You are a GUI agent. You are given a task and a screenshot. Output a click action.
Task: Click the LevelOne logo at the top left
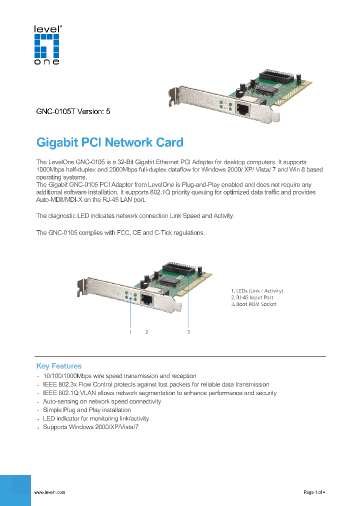coord(46,45)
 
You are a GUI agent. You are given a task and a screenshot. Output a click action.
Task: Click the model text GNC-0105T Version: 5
coord(73,111)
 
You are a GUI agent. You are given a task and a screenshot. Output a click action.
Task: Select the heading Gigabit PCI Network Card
coord(110,142)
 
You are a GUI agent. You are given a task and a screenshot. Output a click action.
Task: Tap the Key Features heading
coord(58,366)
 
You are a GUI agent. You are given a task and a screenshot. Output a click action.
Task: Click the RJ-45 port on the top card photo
coord(243,109)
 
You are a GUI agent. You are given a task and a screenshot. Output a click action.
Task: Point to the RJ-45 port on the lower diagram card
coord(147,300)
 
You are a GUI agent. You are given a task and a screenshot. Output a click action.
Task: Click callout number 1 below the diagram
coord(130,331)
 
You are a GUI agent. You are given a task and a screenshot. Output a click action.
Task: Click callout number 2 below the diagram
coord(147,331)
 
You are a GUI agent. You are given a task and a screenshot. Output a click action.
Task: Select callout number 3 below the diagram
coord(188,331)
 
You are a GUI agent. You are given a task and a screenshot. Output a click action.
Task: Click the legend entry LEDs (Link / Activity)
coord(257,290)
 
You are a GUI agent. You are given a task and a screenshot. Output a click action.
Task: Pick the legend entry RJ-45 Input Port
coord(252,297)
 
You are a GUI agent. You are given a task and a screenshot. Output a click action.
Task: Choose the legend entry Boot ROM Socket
coord(253,304)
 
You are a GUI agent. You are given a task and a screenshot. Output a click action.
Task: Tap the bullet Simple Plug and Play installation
coord(80,410)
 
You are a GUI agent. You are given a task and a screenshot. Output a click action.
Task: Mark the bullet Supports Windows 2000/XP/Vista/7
coord(90,427)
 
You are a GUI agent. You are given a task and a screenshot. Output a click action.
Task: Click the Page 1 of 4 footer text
coord(314,492)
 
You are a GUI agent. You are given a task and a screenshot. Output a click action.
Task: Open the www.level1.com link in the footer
coord(49,492)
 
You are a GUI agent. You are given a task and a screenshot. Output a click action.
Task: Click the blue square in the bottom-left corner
coord(15,490)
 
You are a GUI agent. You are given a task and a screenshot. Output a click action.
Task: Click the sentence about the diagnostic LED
coord(135,216)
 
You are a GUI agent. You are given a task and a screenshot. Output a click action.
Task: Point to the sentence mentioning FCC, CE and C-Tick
coord(120,233)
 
